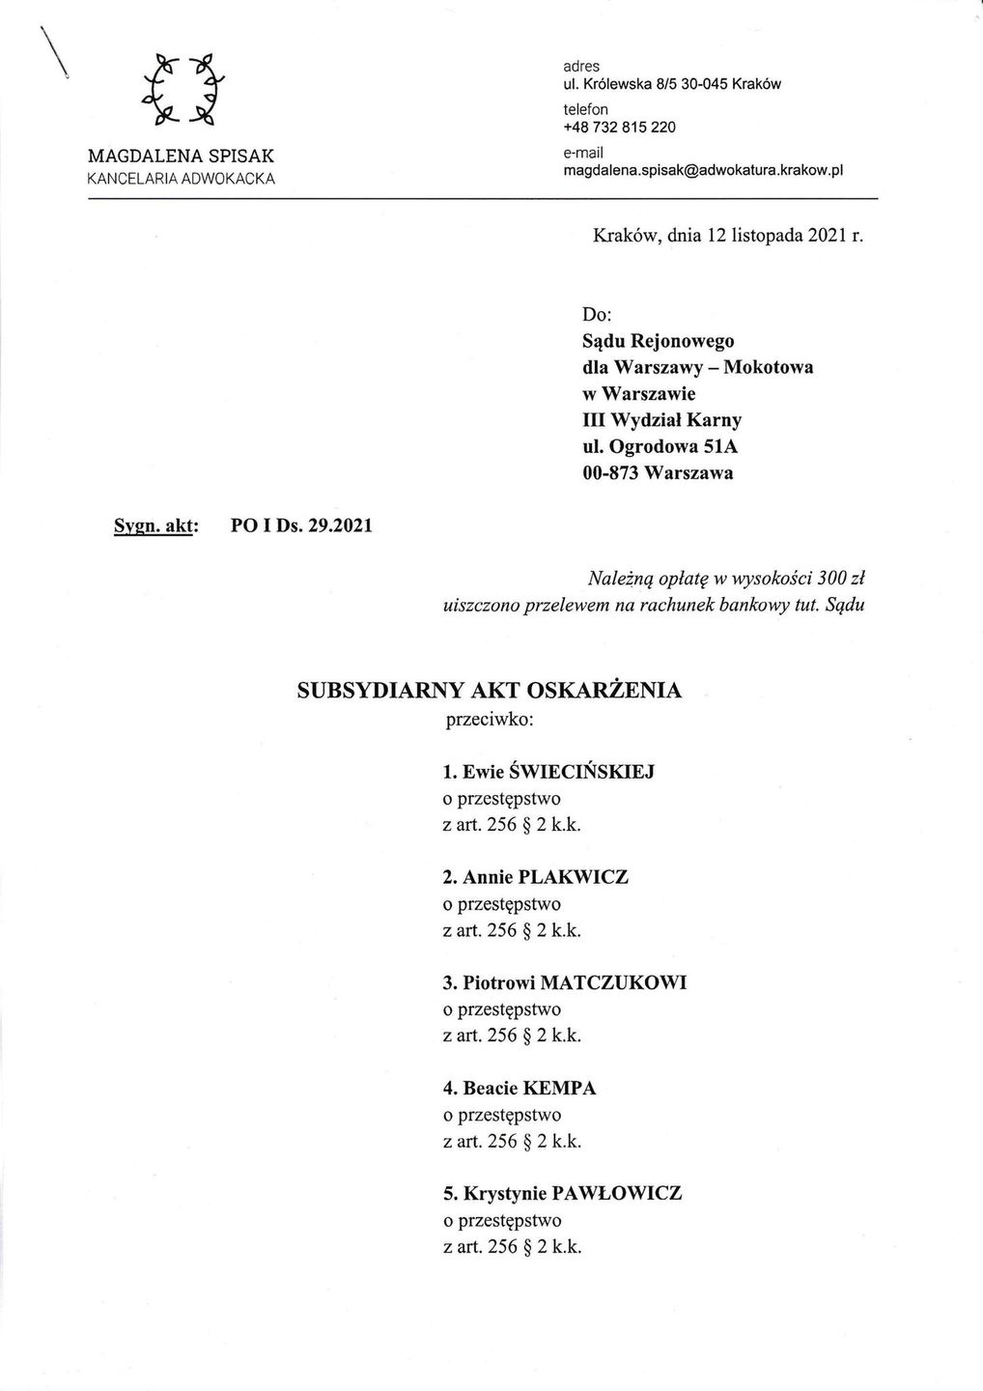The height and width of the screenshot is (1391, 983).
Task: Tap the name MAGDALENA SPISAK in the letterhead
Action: pyautogui.click(x=182, y=156)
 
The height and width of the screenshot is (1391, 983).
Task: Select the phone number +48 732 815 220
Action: pyautogui.click(x=619, y=128)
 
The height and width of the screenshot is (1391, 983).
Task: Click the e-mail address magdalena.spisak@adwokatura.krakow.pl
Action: pyautogui.click(x=703, y=170)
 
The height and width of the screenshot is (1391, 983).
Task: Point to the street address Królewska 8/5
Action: pyautogui.click(x=628, y=84)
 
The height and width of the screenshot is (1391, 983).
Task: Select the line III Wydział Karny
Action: pyautogui.click(x=662, y=420)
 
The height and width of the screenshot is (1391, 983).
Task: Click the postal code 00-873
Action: pyautogui.click(x=611, y=473)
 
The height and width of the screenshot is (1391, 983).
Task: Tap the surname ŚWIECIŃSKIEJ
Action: pyautogui.click(x=588, y=772)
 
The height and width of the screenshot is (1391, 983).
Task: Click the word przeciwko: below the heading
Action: pyautogui.click(x=489, y=720)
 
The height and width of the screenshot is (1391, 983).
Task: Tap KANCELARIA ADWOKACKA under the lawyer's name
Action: pyautogui.click(x=182, y=179)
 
